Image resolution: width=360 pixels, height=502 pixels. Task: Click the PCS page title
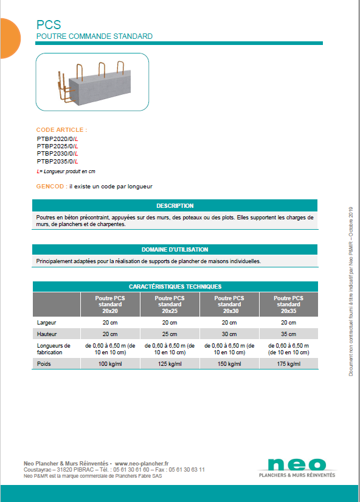click(x=49, y=25)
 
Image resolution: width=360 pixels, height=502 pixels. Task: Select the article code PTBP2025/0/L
click(x=57, y=146)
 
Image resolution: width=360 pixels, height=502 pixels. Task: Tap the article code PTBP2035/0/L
click(x=57, y=162)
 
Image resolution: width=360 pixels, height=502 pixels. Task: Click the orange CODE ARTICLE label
click(x=61, y=130)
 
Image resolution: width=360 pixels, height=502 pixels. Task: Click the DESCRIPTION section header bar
click(x=175, y=206)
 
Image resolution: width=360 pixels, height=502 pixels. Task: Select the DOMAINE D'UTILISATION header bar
click(x=175, y=250)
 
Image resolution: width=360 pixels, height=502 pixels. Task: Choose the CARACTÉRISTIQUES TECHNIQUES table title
click(x=175, y=286)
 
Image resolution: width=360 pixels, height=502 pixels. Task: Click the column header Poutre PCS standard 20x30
click(x=229, y=304)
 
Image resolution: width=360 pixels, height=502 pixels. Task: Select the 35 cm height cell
click(x=288, y=334)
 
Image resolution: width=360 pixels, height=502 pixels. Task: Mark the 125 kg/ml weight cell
click(x=170, y=364)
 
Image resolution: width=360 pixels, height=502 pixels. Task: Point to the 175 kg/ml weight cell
click(x=288, y=364)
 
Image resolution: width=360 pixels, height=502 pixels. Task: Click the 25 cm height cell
click(x=170, y=334)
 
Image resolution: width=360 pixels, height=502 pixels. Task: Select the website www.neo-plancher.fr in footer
click(x=141, y=463)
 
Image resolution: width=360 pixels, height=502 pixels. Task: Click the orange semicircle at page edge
click(x=9, y=38)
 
